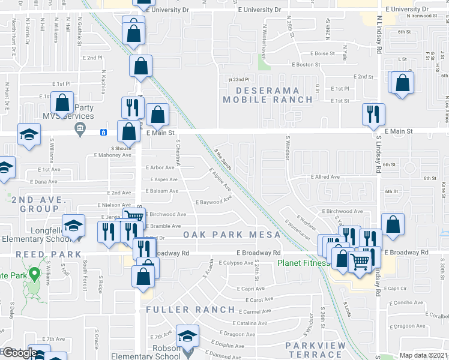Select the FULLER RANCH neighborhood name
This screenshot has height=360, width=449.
pyautogui.click(x=190, y=310)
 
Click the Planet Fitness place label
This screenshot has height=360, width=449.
pyautogui.click(x=303, y=263)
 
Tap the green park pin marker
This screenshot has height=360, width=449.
pyautogui.click(x=35, y=275)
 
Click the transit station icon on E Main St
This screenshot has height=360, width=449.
pyautogui.click(x=103, y=132)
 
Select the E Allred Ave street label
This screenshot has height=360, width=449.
pyautogui.click(x=325, y=177)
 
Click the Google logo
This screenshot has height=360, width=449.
pyautogui.click(x=19, y=353)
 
